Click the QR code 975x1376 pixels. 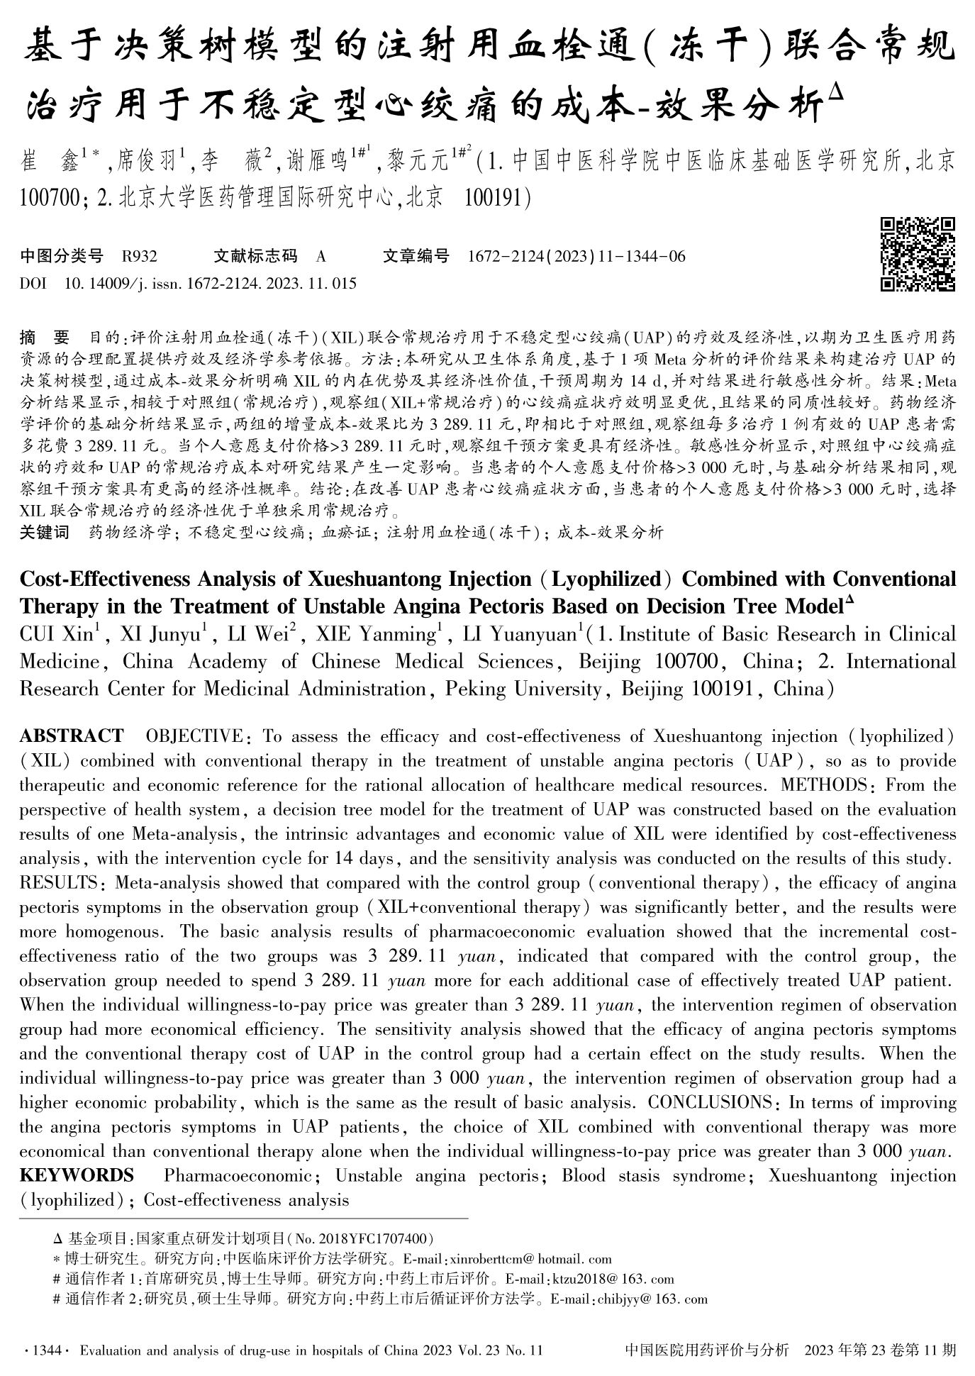coord(918,255)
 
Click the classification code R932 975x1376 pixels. coord(140,257)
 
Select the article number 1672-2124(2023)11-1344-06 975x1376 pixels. coord(576,257)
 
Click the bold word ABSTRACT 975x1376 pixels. coord(72,736)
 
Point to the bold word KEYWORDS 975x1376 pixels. coord(77,1175)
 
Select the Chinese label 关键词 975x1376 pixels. coord(45,532)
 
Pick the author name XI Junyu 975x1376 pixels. coord(160,634)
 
